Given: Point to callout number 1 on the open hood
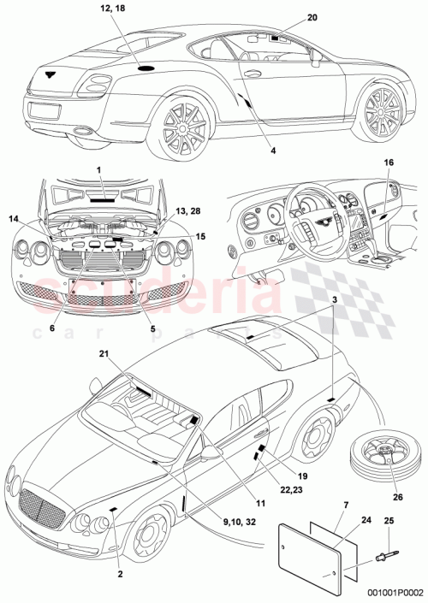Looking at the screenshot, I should [x=98, y=170].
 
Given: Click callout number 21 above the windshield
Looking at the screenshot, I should [x=104, y=353].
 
